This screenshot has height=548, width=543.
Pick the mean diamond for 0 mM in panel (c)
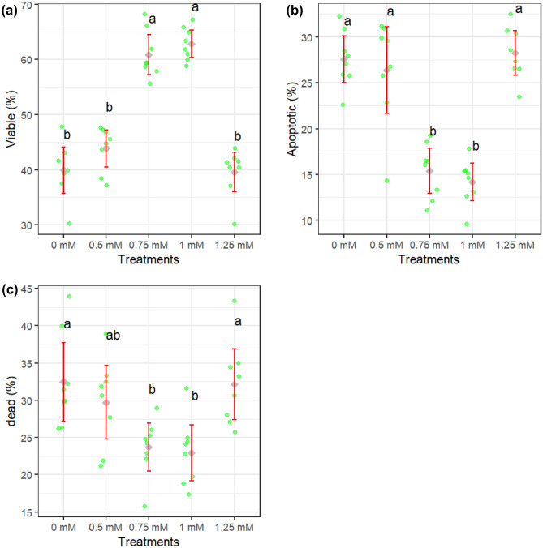(63, 382)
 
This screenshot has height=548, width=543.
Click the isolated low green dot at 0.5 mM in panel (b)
(387, 181)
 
